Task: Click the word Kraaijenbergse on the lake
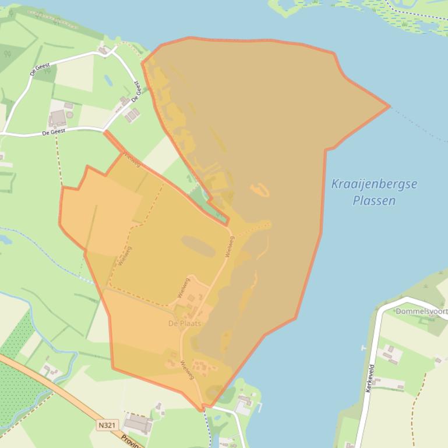coord(374,184)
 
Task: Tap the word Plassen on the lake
coord(374,201)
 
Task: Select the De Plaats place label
coord(185,323)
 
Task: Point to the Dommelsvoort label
coord(421,311)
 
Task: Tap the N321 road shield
coord(106,425)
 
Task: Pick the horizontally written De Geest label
coord(54,133)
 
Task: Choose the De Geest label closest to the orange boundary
coord(136,91)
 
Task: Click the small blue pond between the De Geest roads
coord(108,80)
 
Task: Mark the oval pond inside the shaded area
coord(198,246)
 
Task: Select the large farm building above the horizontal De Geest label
coord(58,118)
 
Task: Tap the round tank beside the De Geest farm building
coord(69,115)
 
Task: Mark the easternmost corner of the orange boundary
coord(389,106)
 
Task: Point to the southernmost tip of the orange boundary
coord(204,410)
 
